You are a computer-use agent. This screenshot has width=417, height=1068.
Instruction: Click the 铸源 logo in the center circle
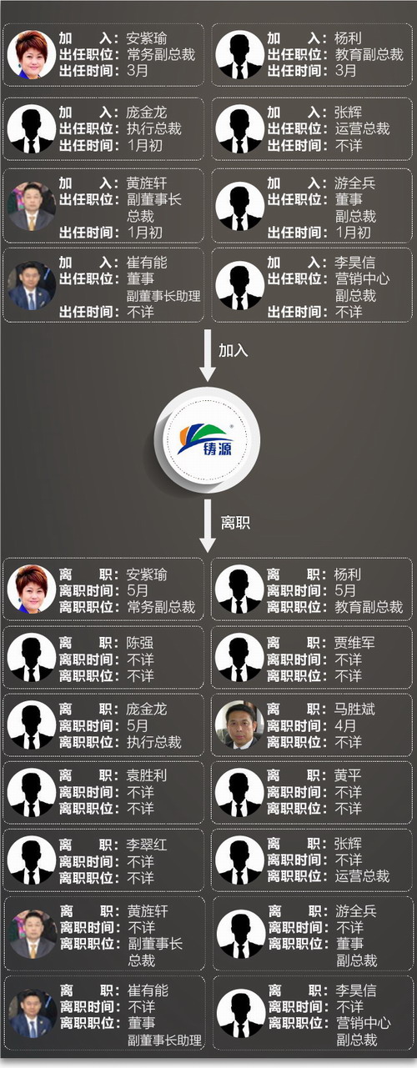tap(206, 439)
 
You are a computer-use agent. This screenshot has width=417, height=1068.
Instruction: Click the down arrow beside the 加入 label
tap(208, 355)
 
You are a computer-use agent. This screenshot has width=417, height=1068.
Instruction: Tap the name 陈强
tap(140, 643)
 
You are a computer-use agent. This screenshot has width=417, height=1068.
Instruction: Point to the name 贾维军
tap(354, 643)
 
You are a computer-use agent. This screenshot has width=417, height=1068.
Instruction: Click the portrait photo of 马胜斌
tap(239, 725)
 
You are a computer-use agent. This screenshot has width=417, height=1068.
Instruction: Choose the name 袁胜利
tap(147, 775)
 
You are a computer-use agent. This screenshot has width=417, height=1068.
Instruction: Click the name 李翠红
tap(147, 845)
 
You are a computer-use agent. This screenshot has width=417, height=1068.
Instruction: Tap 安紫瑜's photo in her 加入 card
tap(32, 54)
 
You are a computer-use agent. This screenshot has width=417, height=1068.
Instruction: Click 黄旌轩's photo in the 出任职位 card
tap(32, 207)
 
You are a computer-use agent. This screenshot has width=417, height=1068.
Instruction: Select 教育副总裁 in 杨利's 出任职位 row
tap(369, 54)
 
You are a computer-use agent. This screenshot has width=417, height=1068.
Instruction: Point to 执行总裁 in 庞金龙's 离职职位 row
tap(154, 742)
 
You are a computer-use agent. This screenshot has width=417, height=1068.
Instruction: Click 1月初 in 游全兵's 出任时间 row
tap(353, 233)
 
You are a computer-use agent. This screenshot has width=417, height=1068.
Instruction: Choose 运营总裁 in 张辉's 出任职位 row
tap(362, 128)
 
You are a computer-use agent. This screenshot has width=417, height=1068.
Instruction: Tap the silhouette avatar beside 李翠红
tap(32, 860)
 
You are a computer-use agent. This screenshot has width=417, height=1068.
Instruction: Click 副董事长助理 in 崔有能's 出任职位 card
tap(163, 296)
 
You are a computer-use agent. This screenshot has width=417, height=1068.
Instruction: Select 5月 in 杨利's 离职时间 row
tap(345, 590)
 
